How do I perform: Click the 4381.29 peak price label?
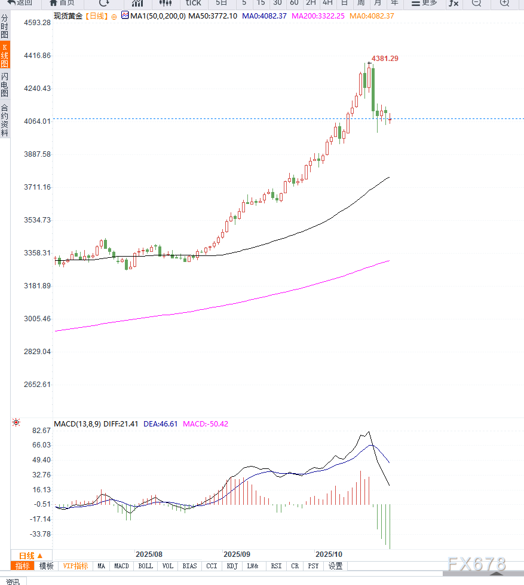tap(385, 59)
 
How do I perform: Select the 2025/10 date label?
tap(329, 554)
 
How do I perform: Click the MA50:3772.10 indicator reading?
tap(213, 16)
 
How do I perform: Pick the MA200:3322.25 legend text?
tap(318, 16)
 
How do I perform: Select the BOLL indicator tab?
tap(145, 566)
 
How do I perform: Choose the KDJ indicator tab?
tap(232, 566)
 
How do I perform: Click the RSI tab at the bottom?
tap(276, 566)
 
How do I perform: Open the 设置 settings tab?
tap(336, 566)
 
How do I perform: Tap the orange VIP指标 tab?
tap(75, 566)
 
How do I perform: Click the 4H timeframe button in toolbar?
tap(327, 3)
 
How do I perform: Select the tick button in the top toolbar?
tap(194, 3)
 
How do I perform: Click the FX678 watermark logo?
tap(476, 563)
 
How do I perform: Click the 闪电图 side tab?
tap(5, 84)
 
